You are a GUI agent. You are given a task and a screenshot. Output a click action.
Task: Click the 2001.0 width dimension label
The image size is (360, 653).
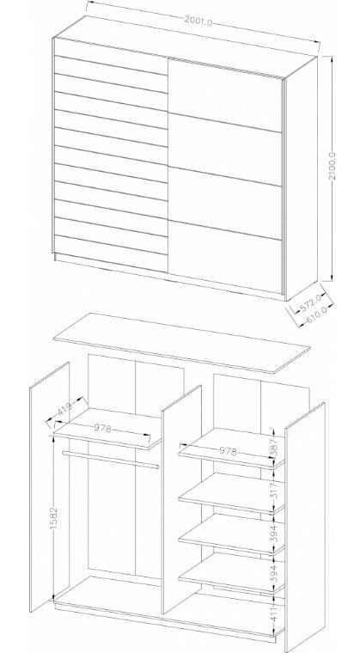pyautogui.click(x=198, y=21)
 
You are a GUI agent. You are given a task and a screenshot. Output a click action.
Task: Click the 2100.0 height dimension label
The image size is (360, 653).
pyautogui.click(x=333, y=166)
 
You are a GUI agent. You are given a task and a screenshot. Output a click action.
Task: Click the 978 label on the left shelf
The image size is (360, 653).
pyautogui.click(x=102, y=428)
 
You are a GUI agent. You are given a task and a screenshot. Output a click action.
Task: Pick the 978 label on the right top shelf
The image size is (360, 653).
pyautogui.click(x=228, y=450)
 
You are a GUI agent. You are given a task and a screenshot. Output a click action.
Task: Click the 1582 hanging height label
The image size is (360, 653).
pyautogui.click(x=54, y=517)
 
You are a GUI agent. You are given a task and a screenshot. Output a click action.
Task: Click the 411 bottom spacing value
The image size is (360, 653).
pyautogui.click(x=273, y=612)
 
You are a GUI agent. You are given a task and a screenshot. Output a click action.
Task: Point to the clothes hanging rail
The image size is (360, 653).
pyautogui.click(x=111, y=460)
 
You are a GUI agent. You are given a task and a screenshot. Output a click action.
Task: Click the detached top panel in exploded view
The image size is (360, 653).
pyautogui.click(x=181, y=342)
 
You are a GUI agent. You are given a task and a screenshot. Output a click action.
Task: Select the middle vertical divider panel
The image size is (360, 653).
pyautogui.click(x=181, y=499)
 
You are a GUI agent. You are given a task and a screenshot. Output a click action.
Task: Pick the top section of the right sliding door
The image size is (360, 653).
pyautogui.click(x=225, y=95)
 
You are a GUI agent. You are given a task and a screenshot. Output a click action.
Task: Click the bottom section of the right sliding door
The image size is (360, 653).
pyautogui.click(x=225, y=257)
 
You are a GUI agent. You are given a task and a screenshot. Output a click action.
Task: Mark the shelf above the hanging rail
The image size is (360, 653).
pyautogui.click(x=107, y=428)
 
